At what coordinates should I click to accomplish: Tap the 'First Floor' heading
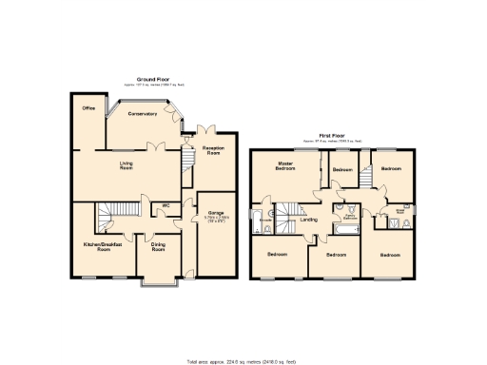click(331, 137)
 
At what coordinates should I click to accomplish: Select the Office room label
click(88, 108)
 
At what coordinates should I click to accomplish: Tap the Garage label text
click(215, 212)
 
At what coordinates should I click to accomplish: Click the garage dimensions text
click(215, 220)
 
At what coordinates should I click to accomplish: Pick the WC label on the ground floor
click(166, 204)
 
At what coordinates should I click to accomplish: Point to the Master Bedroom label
click(283, 165)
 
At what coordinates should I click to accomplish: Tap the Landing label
click(309, 220)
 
